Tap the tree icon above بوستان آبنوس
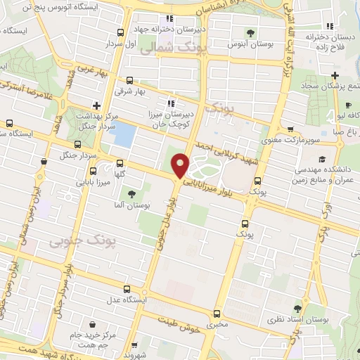(x=252, y=32)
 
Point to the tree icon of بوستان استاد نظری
(x=299, y=309)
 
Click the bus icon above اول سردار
(x=121, y=32)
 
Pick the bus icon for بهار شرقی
(x=130, y=79)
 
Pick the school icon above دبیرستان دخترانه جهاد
(x=169, y=18)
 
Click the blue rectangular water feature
(x=124, y=134)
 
